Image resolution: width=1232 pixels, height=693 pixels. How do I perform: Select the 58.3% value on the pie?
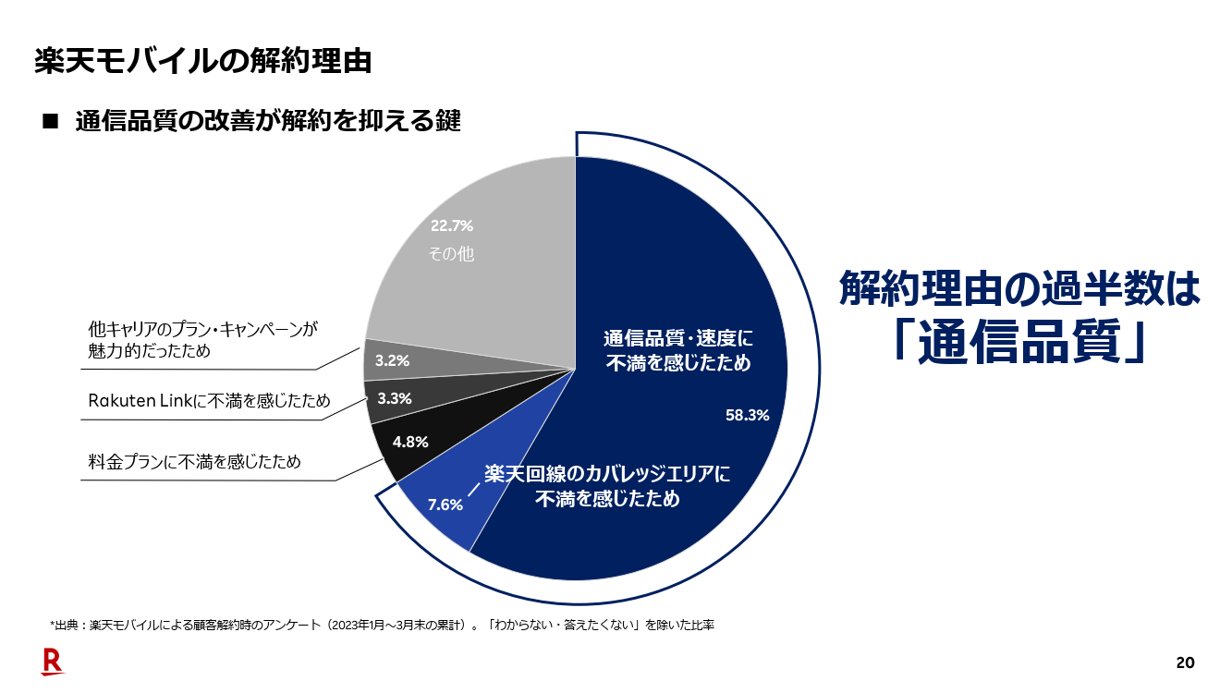747,416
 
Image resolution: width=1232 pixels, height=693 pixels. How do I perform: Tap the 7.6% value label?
445,505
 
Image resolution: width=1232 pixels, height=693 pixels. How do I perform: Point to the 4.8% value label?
410,442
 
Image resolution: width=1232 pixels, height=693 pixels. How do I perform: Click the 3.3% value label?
395,399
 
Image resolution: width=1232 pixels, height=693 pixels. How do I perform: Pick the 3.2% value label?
392,360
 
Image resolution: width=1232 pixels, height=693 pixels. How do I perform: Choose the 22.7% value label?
452,225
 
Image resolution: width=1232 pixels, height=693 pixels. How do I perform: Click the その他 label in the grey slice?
452,253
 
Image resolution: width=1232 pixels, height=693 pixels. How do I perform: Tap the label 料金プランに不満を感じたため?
194,461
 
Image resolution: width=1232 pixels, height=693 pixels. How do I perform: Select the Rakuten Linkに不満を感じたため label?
209,400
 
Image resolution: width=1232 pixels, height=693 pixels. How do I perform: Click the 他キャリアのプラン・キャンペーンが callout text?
202,329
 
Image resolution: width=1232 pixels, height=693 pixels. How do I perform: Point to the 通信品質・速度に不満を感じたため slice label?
678,350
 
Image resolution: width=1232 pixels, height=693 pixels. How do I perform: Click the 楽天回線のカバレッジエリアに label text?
608,474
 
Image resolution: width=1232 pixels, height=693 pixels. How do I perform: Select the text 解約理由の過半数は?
1019,288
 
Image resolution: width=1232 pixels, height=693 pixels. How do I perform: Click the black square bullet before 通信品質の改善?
50,121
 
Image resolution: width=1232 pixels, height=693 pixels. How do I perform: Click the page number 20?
1185,663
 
